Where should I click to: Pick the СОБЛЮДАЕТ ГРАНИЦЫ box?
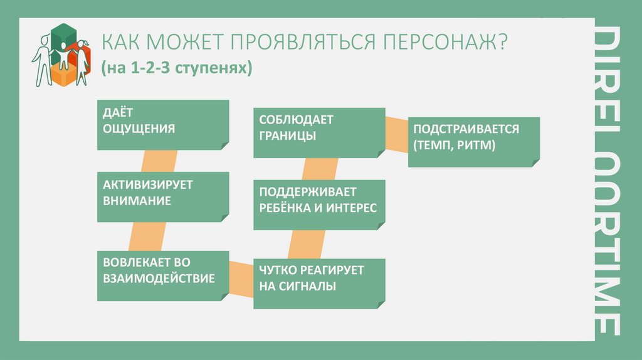click(319, 132)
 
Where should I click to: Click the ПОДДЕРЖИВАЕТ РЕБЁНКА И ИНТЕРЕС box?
click(319, 204)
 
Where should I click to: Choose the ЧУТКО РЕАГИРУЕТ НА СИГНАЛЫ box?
click(319, 282)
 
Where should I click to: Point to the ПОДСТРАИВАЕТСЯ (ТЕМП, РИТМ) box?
click(473, 140)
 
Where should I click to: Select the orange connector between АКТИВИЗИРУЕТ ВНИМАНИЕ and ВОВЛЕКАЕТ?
click(134, 236)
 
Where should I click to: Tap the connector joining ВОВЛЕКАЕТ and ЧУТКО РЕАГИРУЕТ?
click(239, 274)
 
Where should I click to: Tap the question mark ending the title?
click(503, 44)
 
